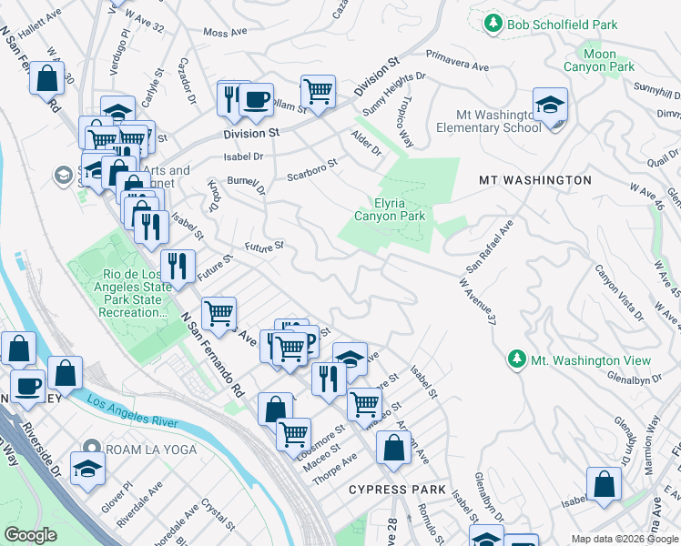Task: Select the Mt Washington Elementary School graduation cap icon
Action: click(x=550, y=106)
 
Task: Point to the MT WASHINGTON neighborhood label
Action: click(x=535, y=180)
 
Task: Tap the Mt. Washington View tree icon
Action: click(x=516, y=359)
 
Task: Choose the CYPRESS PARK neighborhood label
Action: click(x=397, y=490)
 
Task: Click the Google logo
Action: click(x=30, y=535)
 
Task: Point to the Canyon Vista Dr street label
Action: click(x=619, y=292)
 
